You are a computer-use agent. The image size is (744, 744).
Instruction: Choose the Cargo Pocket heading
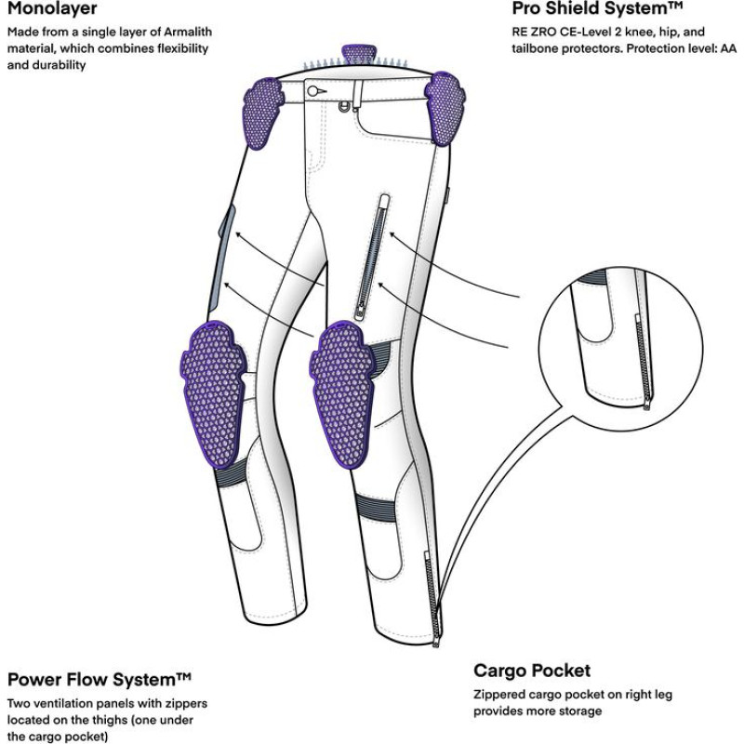tap(532, 671)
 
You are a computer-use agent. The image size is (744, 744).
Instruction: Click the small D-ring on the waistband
tap(351, 104)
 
